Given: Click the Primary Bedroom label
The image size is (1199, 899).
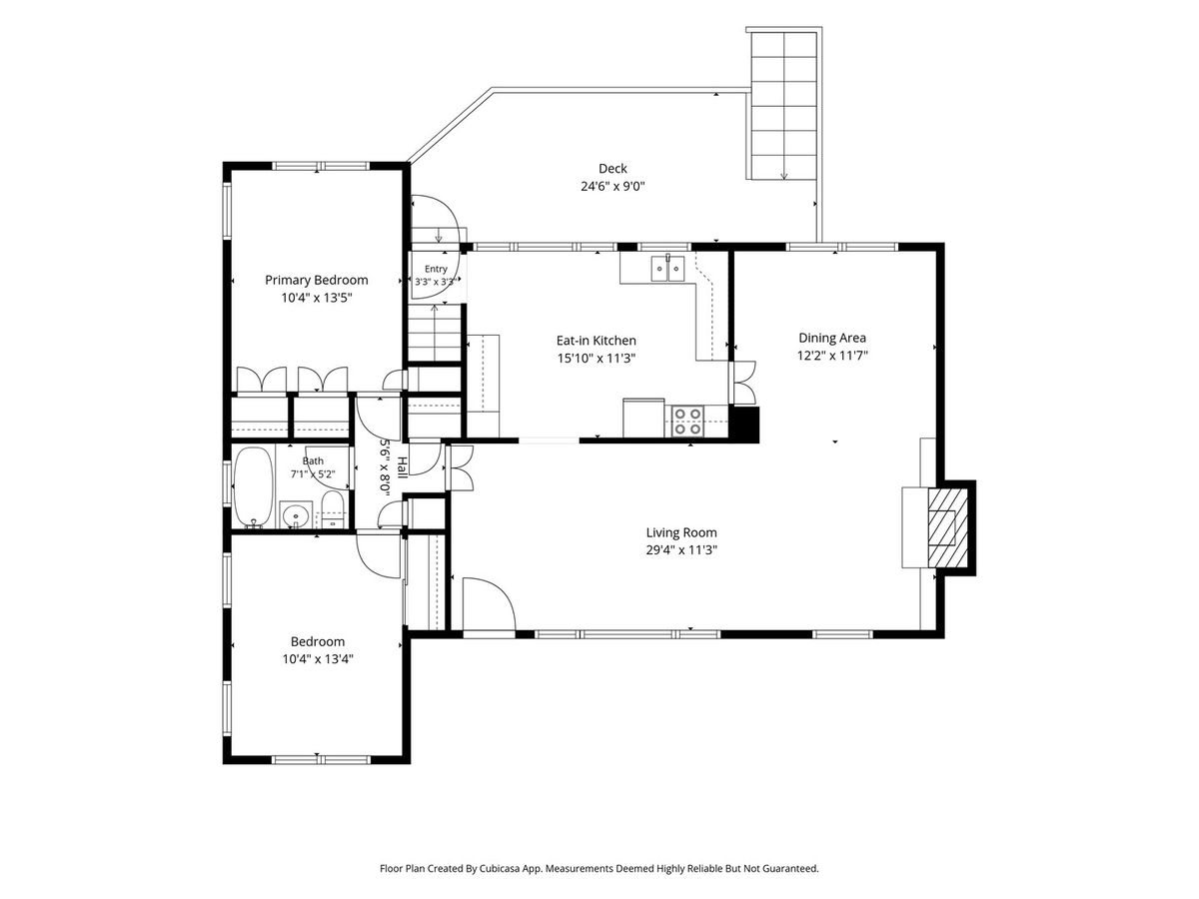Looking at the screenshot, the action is pyautogui.click(x=317, y=280).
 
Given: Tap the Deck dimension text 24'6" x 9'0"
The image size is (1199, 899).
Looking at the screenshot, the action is pyautogui.click(x=612, y=187).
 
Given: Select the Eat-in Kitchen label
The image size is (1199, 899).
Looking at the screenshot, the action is pyautogui.click(x=596, y=341).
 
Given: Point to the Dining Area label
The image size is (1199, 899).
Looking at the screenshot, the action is pyautogui.click(x=832, y=338).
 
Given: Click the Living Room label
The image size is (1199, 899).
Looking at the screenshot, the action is pyautogui.click(x=681, y=532).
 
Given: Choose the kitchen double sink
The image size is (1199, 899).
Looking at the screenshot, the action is pyautogui.click(x=667, y=268).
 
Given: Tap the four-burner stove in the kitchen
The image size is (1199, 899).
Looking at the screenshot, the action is pyautogui.click(x=687, y=422).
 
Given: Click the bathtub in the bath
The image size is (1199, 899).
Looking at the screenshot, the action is pyautogui.click(x=254, y=486).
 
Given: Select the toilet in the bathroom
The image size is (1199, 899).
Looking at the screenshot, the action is pyautogui.click(x=332, y=509).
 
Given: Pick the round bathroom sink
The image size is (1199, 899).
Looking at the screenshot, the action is pyautogui.click(x=296, y=514).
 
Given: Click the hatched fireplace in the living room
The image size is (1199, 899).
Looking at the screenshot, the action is pyautogui.click(x=948, y=527).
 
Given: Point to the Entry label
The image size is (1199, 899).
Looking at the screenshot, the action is pyautogui.click(x=436, y=269).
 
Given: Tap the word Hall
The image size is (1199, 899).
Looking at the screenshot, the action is pyautogui.click(x=402, y=467).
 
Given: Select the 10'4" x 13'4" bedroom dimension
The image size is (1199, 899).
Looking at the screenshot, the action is pyautogui.click(x=318, y=659).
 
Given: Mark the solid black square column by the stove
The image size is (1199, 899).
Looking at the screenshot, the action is pyautogui.click(x=744, y=425).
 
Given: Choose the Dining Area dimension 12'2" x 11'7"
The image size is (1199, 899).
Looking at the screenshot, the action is pyautogui.click(x=832, y=356).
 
